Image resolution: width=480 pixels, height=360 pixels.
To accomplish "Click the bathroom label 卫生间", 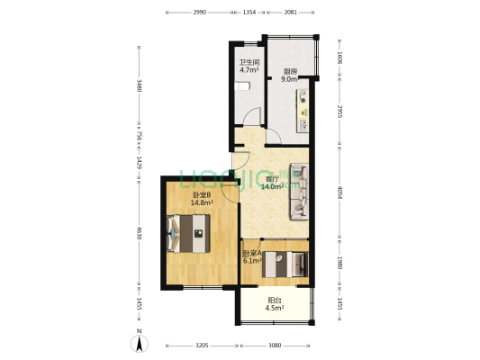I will coord(249,62).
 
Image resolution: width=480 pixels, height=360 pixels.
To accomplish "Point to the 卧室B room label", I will coord(201,195).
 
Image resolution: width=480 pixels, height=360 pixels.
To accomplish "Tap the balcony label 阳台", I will coord(275,301).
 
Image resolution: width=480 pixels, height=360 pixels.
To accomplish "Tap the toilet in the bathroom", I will coord(242,87).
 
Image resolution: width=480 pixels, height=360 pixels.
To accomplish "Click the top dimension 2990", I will coord(199,13).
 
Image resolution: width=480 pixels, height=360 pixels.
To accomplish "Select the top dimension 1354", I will coord(250,13).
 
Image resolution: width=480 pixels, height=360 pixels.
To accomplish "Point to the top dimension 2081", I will coord(291,13).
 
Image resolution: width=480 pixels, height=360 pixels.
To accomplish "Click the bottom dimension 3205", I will coord(203,346).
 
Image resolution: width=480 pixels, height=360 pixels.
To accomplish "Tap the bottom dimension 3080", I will coord(276,346).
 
